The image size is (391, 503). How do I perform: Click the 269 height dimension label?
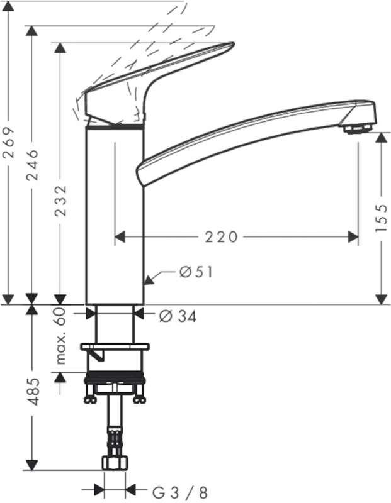pyautogui.click(x=9, y=143)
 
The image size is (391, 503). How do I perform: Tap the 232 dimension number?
pyautogui.click(x=60, y=201)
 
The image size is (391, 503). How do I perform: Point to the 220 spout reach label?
pyautogui.click(x=222, y=237)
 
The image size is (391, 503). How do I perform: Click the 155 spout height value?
pyautogui.click(x=382, y=218)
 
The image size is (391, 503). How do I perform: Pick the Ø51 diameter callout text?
pyautogui.click(x=196, y=272)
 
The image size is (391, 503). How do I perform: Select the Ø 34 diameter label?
pyautogui.click(x=178, y=317)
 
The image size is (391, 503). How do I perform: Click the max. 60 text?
pyautogui.click(x=60, y=336)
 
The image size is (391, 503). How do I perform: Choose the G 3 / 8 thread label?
pyautogui.click(x=179, y=492)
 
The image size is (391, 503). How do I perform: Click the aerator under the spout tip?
pyautogui.click(x=358, y=129)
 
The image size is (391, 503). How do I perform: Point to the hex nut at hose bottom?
pyautogui.click(x=115, y=463)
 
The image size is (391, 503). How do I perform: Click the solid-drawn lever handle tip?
pyautogui.click(x=232, y=44)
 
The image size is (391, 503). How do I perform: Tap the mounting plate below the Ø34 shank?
pyautogui.click(x=115, y=347)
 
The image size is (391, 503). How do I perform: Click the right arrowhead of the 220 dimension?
pyautogui.click(x=353, y=237)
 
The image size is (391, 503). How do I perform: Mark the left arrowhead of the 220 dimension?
pyautogui.click(x=120, y=237)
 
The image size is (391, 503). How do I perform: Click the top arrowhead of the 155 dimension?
pyautogui.click(x=382, y=138)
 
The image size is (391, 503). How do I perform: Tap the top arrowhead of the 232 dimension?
pyautogui.click(x=60, y=48)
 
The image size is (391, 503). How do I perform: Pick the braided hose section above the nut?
pyautogui.click(x=115, y=441)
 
